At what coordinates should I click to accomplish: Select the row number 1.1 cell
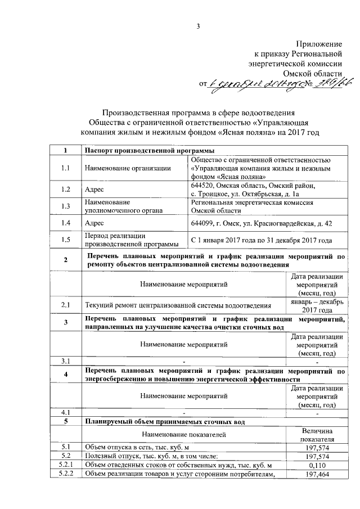pyautogui.click(x=66, y=168)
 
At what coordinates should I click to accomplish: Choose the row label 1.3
pyautogui.click(x=66, y=206)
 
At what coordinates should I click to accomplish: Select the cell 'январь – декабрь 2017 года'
pyautogui.click(x=317, y=306)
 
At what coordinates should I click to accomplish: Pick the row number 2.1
pyautogui.click(x=66, y=305)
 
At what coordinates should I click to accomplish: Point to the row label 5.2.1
pyautogui.click(x=66, y=465)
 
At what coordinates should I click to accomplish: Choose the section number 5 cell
pyautogui.click(x=66, y=421)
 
